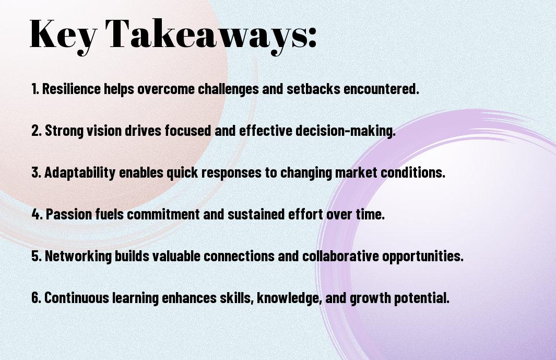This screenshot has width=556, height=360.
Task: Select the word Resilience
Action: point(71,89)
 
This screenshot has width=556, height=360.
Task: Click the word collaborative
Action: point(340,256)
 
